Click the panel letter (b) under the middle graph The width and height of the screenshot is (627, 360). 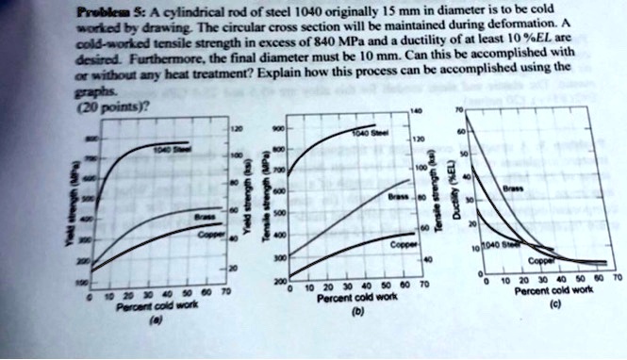(x=355, y=311)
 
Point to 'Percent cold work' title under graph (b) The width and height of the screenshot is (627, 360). (x=355, y=299)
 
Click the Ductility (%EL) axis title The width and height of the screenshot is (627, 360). (x=457, y=201)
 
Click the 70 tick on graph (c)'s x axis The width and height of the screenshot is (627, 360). (x=617, y=279)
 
